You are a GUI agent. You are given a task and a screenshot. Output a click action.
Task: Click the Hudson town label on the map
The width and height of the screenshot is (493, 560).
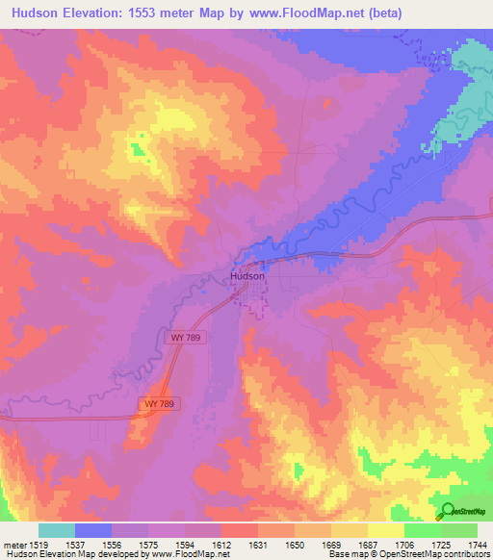coord(247,276)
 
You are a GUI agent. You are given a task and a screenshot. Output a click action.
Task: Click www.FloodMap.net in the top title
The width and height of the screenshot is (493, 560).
coord(311,13)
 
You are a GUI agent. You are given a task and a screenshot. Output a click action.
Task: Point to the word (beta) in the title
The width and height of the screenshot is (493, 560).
coord(384,13)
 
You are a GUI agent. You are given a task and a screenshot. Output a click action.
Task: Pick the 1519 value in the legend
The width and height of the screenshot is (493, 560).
coord(39,546)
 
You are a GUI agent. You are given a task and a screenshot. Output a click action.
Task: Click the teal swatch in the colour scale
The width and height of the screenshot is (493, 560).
coord(57,530)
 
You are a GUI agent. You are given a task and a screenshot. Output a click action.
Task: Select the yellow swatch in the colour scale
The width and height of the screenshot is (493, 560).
coord(385,530)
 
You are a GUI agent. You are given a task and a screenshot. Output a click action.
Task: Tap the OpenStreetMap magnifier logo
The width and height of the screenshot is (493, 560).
coord(448,512)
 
